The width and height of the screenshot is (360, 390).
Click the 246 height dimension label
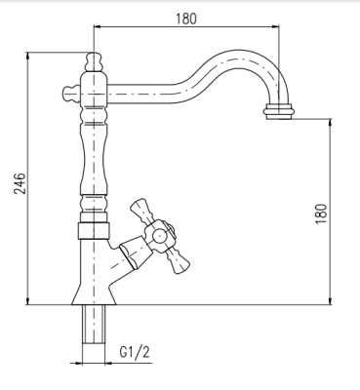(x=20, y=183)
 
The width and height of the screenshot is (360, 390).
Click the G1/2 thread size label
(x=135, y=352)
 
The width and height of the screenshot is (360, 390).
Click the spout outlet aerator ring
(x=279, y=111)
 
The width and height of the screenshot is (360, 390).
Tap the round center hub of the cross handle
(x=160, y=236)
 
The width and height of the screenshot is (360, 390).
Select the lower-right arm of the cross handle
(x=178, y=260)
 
